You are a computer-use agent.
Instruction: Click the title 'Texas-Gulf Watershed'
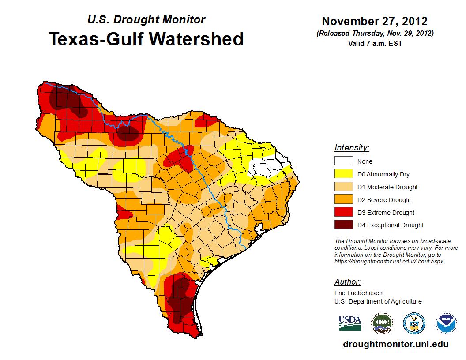click(x=146, y=39)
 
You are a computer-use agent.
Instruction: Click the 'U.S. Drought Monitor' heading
click(x=146, y=20)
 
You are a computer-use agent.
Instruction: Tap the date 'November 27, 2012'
click(x=374, y=21)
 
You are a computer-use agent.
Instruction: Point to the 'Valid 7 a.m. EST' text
click(x=374, y=43)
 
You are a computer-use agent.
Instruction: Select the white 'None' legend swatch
click(x=344, y=161)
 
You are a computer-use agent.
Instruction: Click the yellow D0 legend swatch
click(x=344, y=174)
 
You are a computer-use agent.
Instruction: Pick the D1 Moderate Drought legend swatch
click(x=344, y=187)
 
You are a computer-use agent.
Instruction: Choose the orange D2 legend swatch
click(x=344, y=200)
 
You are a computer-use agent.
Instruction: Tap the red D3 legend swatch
click(x=344, y=213)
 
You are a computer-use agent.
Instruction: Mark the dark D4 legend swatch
click(x=344, y=225)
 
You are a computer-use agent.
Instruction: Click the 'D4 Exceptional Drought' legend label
click(x=391, y=225)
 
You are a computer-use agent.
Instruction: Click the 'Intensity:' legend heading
click(x=352, y=148)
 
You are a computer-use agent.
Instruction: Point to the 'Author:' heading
click(x=347, y=282)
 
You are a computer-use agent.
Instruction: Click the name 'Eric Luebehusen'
click(x=358, y=293)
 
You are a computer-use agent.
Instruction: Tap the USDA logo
click(x=350, y=323)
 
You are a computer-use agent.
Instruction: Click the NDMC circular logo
click(x=382, y=323)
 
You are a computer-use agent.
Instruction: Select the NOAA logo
click(x=447, y=323)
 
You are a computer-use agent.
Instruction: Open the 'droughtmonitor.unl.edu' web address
click(x=395, y=345)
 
